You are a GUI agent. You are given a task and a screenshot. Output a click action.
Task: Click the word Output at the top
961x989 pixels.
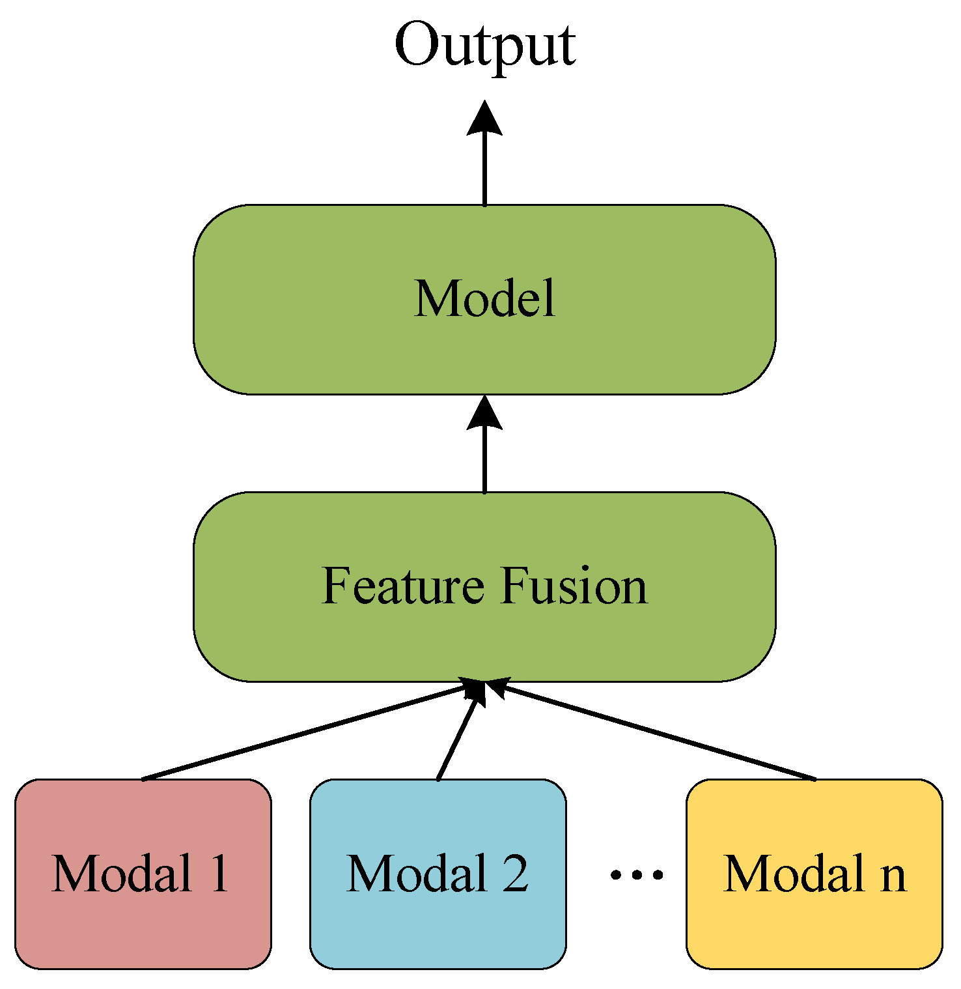[x=485, y=46]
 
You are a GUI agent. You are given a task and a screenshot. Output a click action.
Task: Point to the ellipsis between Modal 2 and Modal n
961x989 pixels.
[x=637, y=874]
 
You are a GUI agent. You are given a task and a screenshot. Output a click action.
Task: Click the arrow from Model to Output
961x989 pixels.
[x=484, y=169]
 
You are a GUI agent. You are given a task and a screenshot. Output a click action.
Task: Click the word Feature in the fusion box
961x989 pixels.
[x=402, y=586]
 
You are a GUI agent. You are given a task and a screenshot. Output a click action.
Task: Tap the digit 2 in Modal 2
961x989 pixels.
[x=515, y=874]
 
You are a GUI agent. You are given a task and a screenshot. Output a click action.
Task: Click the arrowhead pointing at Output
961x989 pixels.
[x=484, y=119]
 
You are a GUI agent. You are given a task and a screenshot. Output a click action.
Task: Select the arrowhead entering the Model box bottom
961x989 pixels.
[x=484, y=413]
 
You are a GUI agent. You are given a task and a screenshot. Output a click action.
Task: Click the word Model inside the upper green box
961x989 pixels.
[x=485, y=298]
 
